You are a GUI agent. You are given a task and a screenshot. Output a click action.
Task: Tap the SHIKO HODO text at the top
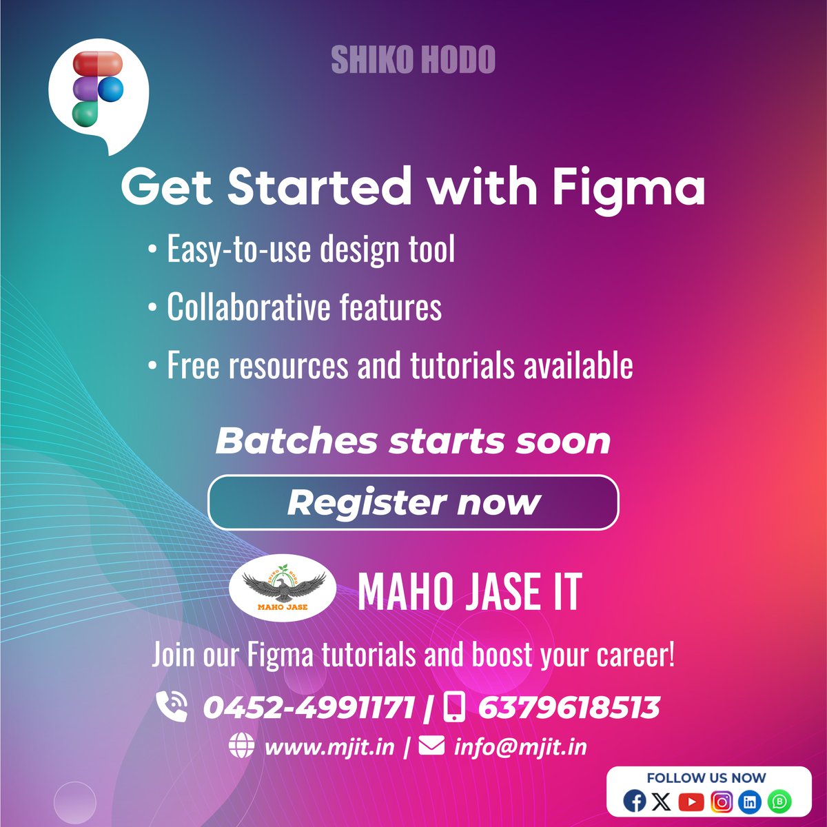(x=413, y=61)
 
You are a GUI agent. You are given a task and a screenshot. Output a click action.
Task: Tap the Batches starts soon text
(x=413, y=441)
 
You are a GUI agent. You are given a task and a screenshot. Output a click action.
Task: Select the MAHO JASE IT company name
(x=469, y=593)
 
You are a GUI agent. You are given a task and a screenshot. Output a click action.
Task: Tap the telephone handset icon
(x=172, y=706)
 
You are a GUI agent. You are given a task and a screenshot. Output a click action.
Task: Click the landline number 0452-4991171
(x=309, y=708)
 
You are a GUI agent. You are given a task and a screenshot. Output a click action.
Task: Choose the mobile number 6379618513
(x=569, y=708)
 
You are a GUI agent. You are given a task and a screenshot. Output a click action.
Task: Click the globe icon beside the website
(x=241, y=746)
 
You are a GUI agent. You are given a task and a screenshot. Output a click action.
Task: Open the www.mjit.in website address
(x=329, y=747)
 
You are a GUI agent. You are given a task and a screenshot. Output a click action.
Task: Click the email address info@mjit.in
(x=520, y=747)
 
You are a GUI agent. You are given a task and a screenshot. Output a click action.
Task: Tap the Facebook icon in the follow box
(x=634, y=802)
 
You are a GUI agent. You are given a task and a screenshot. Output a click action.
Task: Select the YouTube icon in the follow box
(x=691, y=802)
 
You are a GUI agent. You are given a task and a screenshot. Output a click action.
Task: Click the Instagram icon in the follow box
(x=722, y=802)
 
